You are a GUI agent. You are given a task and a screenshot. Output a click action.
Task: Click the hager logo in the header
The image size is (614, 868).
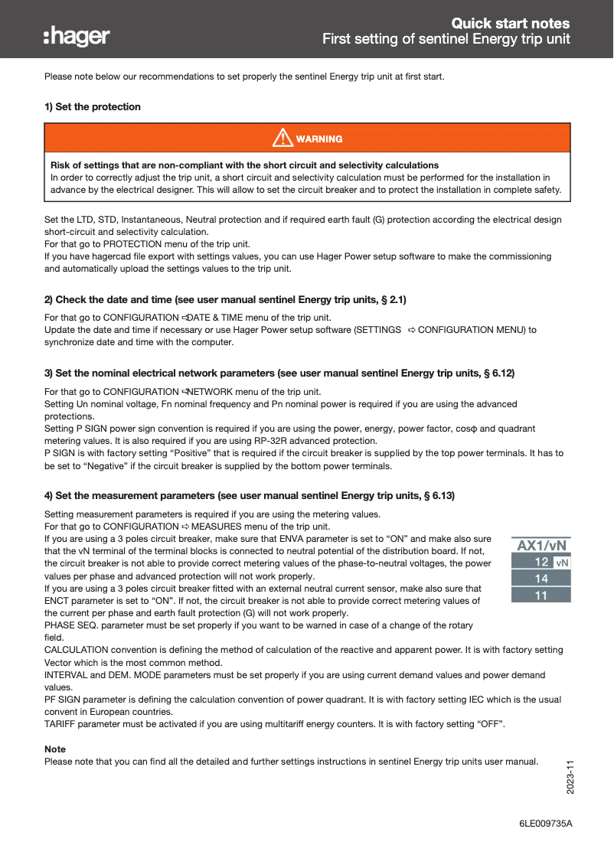coord(77,36)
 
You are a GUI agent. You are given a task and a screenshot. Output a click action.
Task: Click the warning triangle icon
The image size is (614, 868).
coord(283,139)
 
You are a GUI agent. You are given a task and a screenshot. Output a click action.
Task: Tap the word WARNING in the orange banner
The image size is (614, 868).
coord(319,139)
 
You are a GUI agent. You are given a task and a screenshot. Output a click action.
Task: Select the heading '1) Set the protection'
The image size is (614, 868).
coord(93,107)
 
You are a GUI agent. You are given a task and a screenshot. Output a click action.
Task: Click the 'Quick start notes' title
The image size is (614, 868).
coord(510,23)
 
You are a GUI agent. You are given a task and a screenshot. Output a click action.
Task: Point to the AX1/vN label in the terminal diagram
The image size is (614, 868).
coord(542,546)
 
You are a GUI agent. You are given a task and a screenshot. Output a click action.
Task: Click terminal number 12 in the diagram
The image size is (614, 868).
coord(541,563)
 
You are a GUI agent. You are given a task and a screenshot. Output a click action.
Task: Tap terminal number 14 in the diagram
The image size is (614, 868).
coord(541,579)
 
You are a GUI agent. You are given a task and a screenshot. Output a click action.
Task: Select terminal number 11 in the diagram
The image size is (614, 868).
coord(541,595)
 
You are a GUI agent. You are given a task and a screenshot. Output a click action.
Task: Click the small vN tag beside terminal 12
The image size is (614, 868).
coord(562,563)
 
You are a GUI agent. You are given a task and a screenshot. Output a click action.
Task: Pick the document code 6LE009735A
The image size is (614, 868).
coord(545,824)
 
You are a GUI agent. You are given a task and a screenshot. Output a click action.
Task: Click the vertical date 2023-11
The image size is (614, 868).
coord(570,777)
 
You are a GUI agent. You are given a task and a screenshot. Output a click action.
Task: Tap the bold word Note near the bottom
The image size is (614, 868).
coord(55,749)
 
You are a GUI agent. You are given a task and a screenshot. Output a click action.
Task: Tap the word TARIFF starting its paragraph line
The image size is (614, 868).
coord(60,724)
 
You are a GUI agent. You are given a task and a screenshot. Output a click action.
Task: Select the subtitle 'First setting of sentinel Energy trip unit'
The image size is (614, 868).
coord(446,39)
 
